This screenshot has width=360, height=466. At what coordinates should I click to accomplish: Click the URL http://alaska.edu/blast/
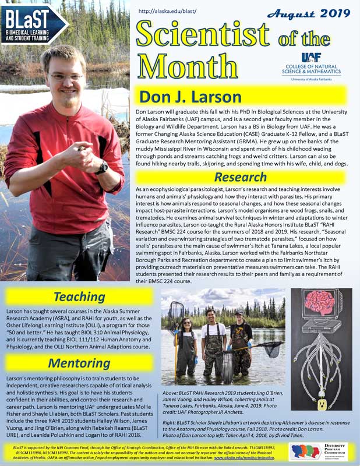168,11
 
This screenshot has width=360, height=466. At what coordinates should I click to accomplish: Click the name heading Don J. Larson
190,96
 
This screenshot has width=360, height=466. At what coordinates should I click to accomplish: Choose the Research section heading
241,176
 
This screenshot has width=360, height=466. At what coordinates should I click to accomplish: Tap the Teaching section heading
79,296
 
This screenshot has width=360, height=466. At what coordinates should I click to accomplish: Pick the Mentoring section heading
79,363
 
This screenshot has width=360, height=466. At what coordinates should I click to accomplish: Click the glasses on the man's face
66,76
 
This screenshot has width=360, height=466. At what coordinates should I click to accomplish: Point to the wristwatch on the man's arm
103,168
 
